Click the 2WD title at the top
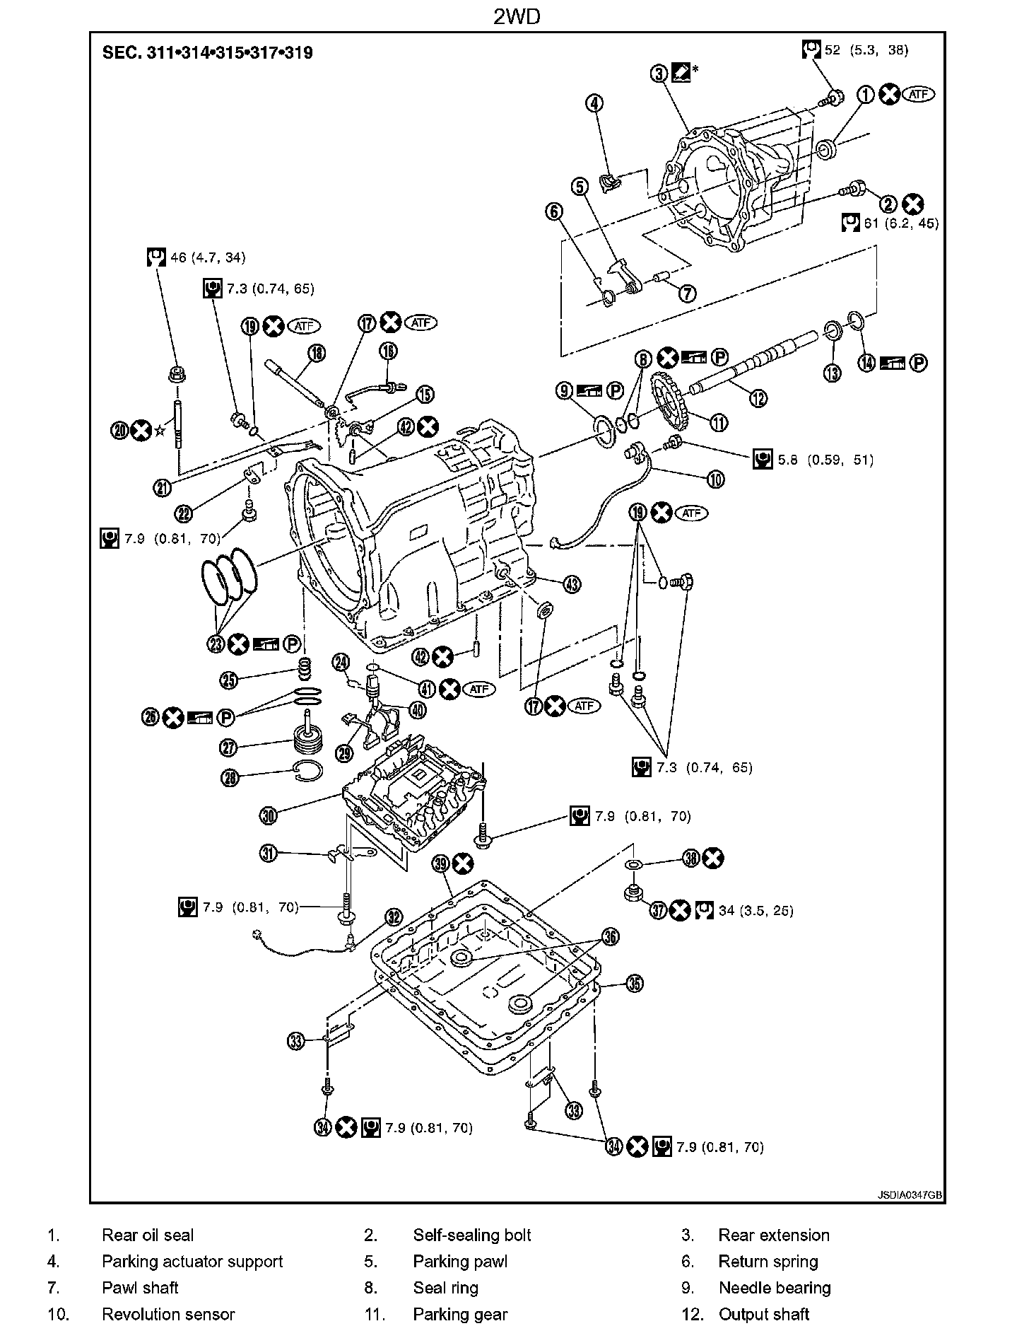coord(516,17)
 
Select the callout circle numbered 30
coord(269,815)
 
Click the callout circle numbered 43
coord(572,583)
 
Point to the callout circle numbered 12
coord(758,398)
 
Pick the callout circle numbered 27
coord(230,747)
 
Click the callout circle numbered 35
coord(635,983)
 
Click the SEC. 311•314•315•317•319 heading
coord(208,52)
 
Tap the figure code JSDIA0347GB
coord(910,1195)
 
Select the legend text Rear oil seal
coord(148,1235)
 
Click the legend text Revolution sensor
coord(168,1314)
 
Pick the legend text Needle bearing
coord(775,1288)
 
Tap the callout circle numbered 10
coord(715,479)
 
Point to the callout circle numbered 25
coord(230,680)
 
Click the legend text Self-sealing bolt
coord(472,1235)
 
